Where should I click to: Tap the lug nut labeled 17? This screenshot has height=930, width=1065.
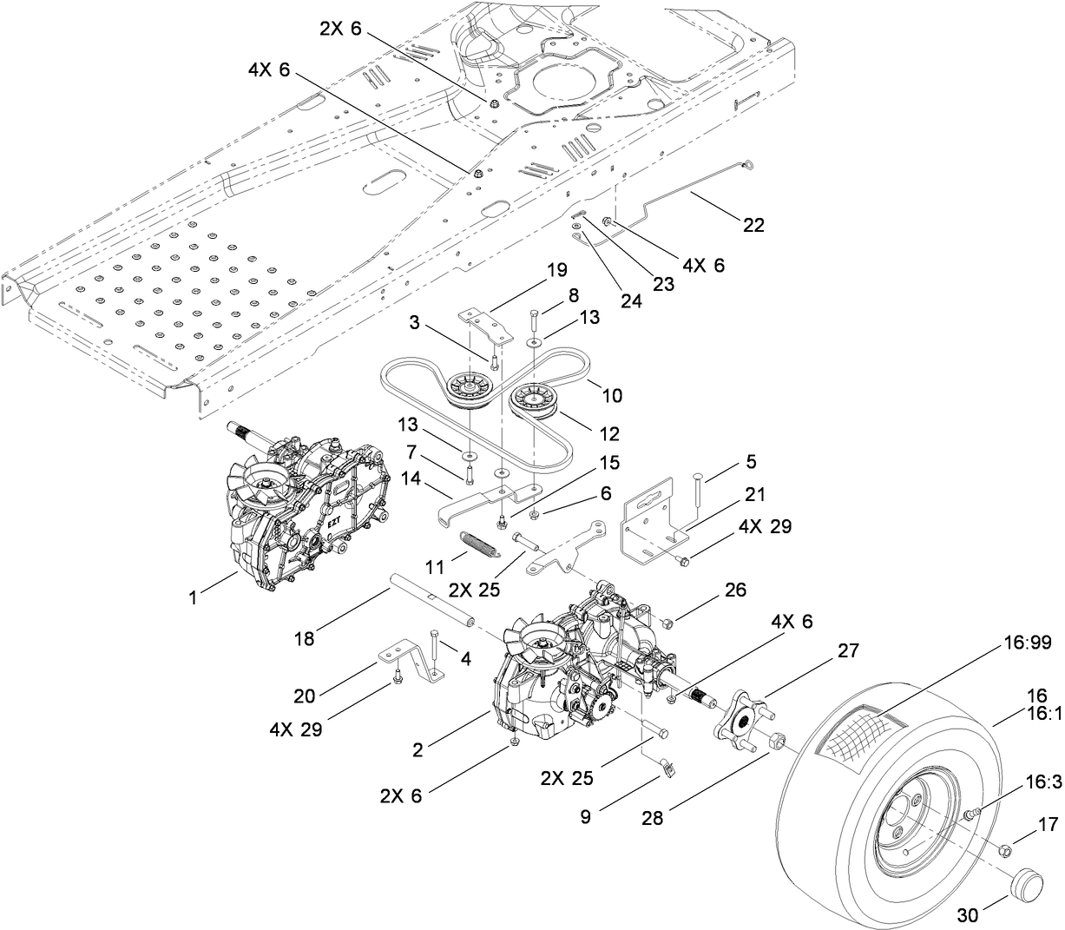[x=1002, y=848]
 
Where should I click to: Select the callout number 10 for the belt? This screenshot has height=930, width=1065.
[x=611, y=395]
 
